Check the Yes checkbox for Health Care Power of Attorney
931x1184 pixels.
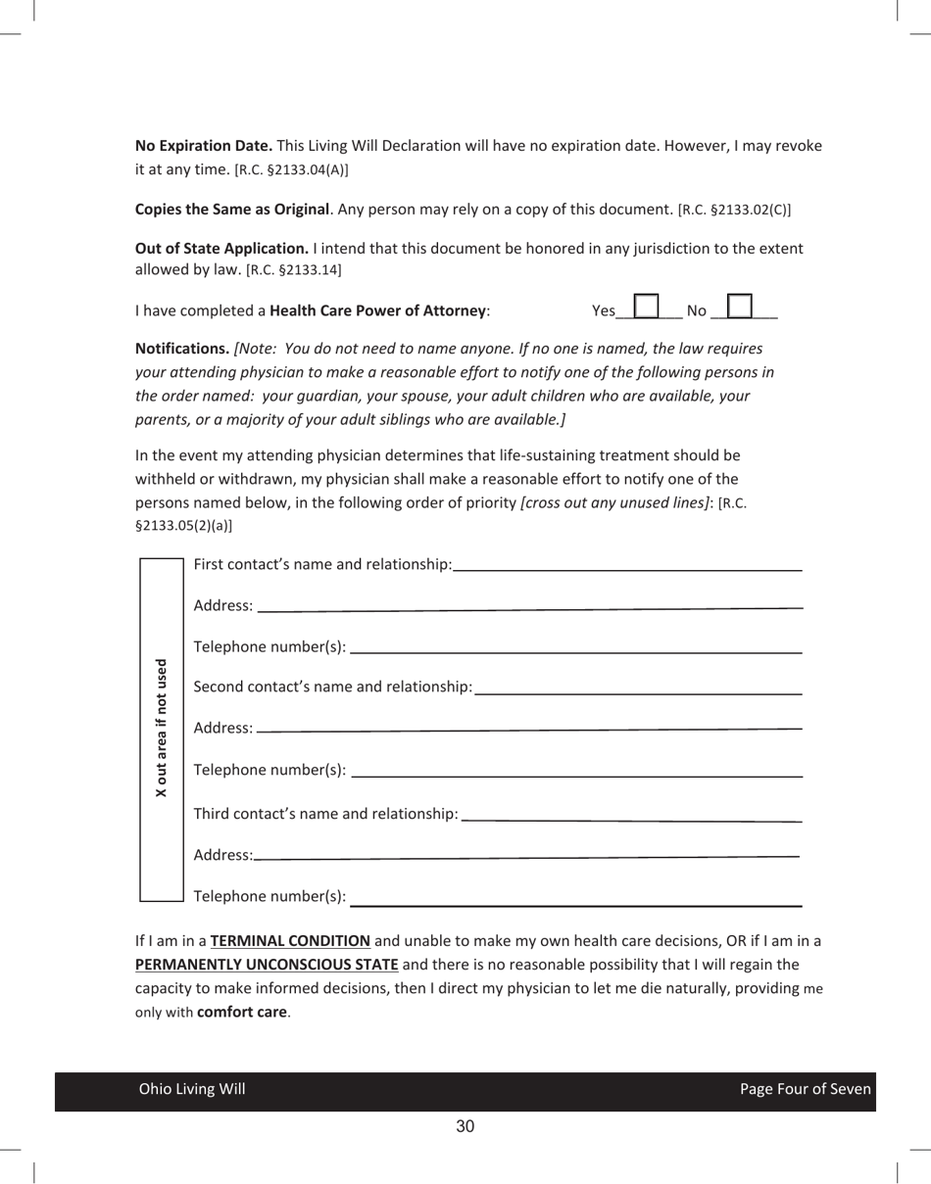646,307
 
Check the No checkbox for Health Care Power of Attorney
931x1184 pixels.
740,307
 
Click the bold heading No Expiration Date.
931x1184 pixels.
203,146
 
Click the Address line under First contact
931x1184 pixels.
529,607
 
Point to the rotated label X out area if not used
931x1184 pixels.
162,728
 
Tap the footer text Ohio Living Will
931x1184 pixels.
192,1090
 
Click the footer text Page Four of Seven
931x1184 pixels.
805,1090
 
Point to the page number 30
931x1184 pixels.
465,1127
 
